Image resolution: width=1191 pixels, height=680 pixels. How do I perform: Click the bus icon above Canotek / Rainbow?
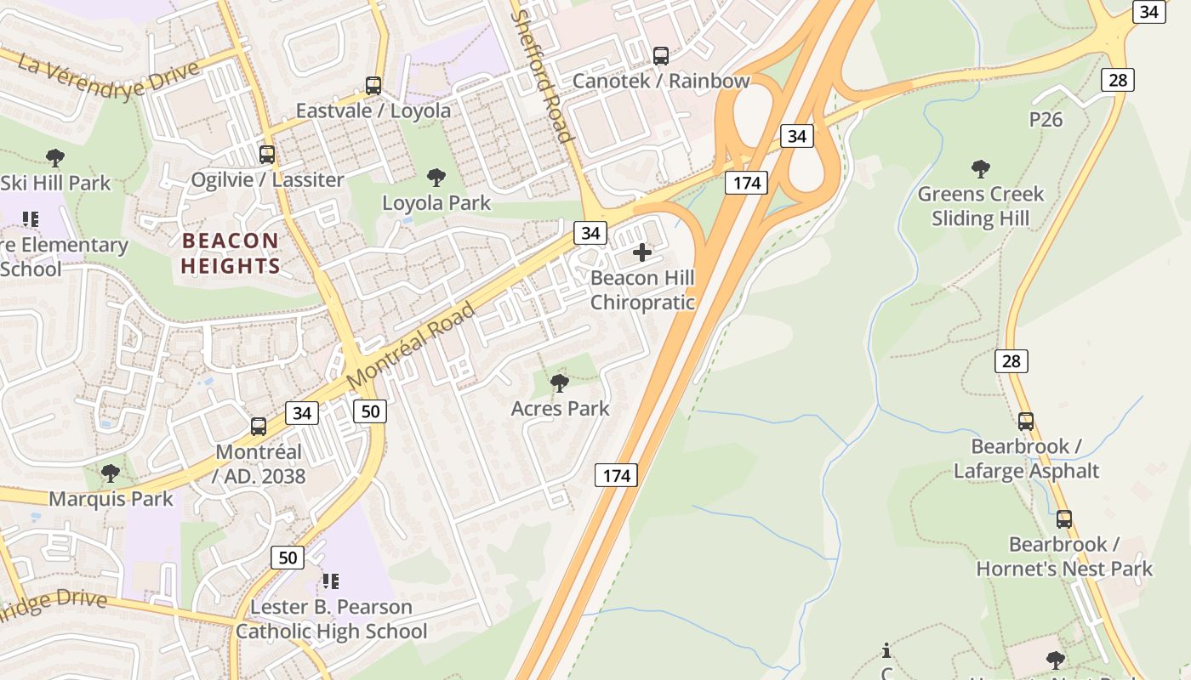coord(660,56)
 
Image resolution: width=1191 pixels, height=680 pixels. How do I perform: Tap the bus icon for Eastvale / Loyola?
coord(373,86)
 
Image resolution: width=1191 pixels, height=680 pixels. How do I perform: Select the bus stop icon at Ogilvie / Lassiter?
coord(267,155)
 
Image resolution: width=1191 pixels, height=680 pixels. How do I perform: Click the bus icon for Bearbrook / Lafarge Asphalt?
coord(1026,421)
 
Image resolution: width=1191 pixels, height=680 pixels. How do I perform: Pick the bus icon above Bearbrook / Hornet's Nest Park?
coord(1063,519)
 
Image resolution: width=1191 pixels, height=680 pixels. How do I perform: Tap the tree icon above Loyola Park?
coord(436,178)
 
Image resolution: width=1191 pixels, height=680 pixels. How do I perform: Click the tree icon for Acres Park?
coord(559,383)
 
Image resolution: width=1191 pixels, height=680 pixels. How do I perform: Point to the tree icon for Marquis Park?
coord(110,473)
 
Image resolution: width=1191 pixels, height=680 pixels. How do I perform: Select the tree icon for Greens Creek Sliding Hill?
coord(980,169)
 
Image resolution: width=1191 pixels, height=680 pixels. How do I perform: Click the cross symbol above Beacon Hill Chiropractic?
coord(642,252)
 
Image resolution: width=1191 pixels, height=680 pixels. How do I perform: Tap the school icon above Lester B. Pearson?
coord(330,581)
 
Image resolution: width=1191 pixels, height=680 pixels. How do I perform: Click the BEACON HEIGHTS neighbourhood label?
coord(230,253)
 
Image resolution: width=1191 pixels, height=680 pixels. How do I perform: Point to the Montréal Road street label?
coord(412,344)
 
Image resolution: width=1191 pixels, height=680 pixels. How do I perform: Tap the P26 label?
coord(1046,120)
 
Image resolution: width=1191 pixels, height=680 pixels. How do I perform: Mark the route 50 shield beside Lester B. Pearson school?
coord(287,558)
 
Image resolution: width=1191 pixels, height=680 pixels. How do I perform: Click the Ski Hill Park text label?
coord(55,183)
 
